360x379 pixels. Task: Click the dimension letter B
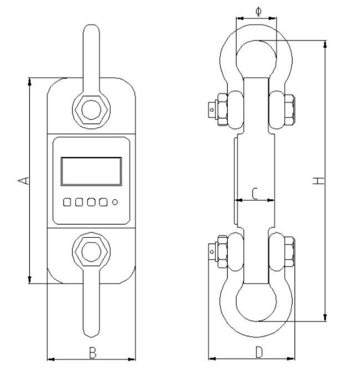[x=92, y=352]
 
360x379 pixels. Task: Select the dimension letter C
[x=254, y=193]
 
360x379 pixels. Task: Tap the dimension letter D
[x=259, y=352]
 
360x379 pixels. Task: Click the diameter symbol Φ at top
[x=259, y=11]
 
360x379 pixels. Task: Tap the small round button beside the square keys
[x=115, y=202]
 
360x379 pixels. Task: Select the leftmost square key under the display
[x=67, y=202]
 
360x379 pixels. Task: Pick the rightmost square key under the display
[x=103, y=202]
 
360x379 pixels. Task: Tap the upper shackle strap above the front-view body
[x=91, y=55]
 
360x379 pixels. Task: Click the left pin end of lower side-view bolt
[x=212, y=252]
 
